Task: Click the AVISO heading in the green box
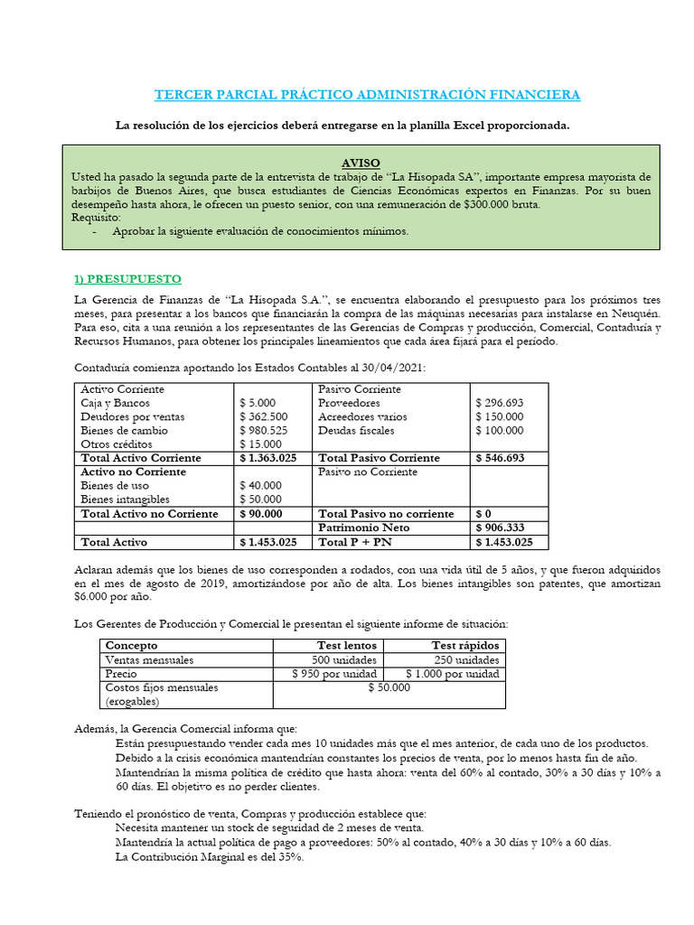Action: click(361, 163)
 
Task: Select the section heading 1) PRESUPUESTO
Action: click(127, 278)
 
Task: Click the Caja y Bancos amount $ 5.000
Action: click(258, 403)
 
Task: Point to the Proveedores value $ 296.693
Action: click(499, 403)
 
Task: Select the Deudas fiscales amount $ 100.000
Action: click(499, 431)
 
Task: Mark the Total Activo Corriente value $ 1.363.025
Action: click(267, 458)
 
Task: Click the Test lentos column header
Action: click(347, 645)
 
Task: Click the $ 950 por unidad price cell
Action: click(334, 674)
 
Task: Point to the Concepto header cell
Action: click(132, 645)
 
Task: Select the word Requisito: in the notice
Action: click(96, 218)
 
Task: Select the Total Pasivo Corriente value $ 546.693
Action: click(500, 458)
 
